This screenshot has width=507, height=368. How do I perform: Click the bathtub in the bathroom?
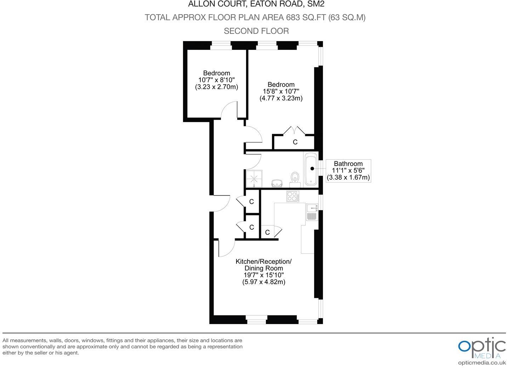click(311, 169)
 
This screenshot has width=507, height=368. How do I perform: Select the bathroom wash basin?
click(277, 183)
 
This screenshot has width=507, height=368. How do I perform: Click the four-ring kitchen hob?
click(293, 196)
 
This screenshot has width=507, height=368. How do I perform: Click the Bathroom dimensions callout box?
click(348, 171)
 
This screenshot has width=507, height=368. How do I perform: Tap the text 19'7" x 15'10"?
click(264, 275)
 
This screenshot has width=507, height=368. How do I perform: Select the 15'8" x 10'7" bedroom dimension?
click(281, 91)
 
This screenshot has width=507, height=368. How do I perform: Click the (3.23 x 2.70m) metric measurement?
click(216, 87)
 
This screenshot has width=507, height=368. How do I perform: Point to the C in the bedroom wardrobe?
click(295, 142)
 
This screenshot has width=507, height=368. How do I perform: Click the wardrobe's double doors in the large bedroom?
click(295, 130)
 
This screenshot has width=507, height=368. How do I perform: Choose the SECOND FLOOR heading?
click(256, 31)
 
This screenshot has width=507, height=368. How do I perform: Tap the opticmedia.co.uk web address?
click(482, 363)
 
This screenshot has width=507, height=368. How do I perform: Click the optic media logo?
click(482, 348)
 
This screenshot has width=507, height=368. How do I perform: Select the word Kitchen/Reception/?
click(264, 261)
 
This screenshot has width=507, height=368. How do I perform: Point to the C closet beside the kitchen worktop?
click(268, 232)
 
